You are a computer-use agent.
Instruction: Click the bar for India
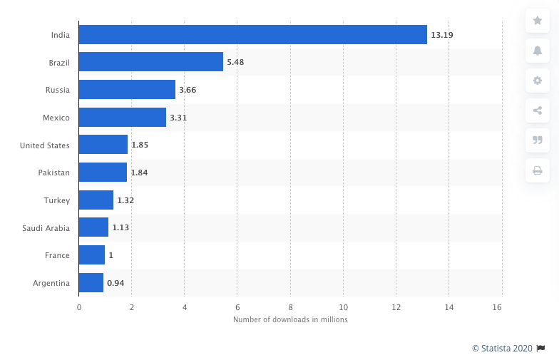point(252,34)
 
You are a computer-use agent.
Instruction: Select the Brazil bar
point(150,62)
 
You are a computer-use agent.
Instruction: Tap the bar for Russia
point(127,90)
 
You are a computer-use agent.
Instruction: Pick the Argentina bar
point(91,283)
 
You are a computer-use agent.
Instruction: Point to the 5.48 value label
point(235,62)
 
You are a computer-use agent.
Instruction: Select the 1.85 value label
point(140,145)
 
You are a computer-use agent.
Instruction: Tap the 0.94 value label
point(116,283)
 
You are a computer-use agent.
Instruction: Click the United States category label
point(45,145)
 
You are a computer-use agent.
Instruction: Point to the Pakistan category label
point(54,173)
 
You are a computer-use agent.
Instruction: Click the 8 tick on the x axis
point(291,307)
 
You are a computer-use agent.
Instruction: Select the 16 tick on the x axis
point(497,307)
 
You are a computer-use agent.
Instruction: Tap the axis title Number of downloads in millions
point(290,319)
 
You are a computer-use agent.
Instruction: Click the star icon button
point(538,21)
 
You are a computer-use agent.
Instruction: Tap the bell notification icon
point(538,51)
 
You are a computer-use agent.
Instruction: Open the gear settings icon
point(538,81)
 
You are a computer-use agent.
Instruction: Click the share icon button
point(538,110)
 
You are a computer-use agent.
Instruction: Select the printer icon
point(538,170)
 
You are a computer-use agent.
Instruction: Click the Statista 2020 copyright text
point(502,348)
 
